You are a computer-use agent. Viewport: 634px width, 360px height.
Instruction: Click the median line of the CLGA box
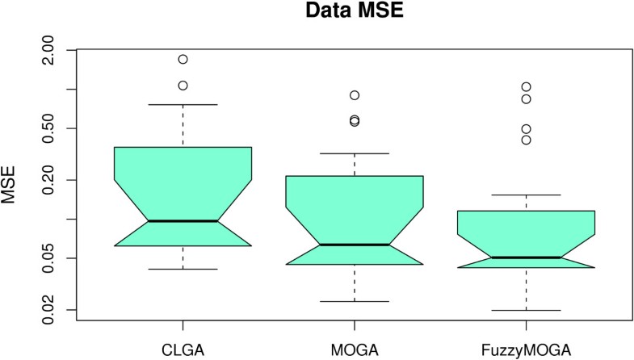(183, 220)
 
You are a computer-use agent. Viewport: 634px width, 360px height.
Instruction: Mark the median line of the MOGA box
(355, 244)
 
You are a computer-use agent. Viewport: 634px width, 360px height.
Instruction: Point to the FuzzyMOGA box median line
(526, 257)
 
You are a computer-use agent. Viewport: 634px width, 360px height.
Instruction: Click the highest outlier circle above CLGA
(183, 59)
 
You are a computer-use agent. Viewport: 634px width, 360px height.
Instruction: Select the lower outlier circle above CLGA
(183, 85)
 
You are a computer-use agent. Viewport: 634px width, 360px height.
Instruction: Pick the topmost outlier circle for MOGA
(355, 95)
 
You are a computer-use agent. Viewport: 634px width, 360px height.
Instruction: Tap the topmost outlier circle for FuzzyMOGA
(526, 86)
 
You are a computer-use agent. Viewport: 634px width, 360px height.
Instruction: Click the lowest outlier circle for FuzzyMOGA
(526, 140)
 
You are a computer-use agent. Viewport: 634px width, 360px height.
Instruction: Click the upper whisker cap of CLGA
(183, 104)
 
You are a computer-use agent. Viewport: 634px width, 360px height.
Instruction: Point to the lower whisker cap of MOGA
(355, 301)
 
